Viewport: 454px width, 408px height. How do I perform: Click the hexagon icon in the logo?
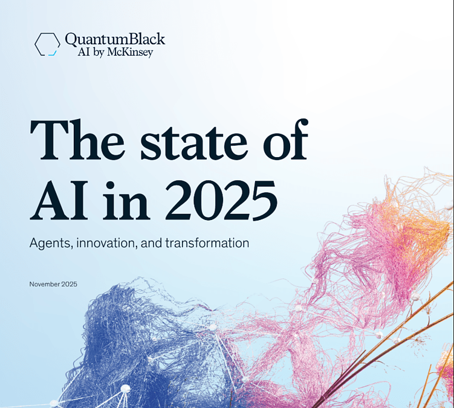click(x=48, y=44)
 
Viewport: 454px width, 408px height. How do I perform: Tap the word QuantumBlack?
click(x=115, y=39)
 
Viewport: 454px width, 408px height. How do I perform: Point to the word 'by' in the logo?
click(x=99, y=53)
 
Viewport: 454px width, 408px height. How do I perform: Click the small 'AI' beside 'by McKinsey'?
click(x=84, y=53)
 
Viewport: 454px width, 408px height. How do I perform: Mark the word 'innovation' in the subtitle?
click(x=105, y=243)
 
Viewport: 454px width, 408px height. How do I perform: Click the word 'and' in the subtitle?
click(x=151, y=243)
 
